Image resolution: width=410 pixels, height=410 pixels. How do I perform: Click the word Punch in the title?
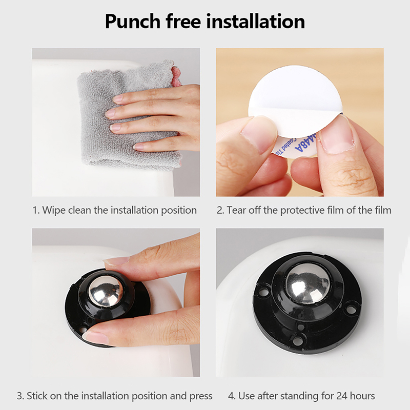point(133,22)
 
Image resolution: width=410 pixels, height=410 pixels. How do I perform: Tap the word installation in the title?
point(255,21)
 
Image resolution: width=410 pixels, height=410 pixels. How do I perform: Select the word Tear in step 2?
point(236,210)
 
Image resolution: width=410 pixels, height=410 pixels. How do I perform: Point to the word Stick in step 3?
point(37,396)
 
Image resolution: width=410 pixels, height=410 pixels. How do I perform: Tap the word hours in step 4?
point(363,396)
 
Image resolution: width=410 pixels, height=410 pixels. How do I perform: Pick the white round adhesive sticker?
point(296,105)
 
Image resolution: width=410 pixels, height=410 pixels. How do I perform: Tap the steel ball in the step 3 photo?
point(106,291)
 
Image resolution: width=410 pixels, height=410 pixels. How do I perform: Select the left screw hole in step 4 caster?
point(262,291)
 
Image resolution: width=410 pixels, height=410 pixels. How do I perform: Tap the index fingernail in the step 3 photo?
point(117,261)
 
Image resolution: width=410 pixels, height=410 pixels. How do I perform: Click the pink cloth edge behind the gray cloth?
point(177,76)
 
